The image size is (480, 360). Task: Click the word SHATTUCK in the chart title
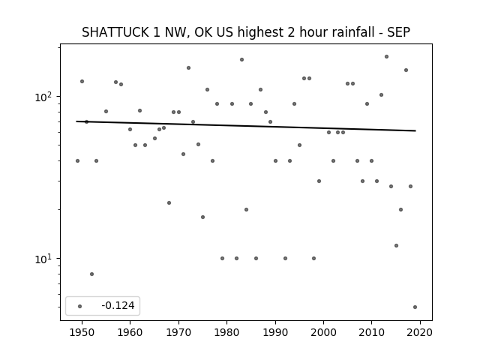(115, 32)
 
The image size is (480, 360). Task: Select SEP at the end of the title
(398, 32)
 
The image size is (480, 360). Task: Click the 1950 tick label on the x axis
(82, 332)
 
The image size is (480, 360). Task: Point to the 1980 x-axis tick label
(226, 332)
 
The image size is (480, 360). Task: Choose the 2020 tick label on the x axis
(420, 332)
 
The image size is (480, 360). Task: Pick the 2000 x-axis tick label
(323, 332)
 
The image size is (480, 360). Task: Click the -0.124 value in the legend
(118, 305)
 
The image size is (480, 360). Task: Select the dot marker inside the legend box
(80, 306)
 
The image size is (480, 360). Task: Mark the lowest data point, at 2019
(415, 307)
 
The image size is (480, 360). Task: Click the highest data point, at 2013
(387, 57)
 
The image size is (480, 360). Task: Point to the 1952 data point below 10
(91, 274)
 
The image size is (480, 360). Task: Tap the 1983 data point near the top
(241, 60)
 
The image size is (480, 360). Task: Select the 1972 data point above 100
(188, 68)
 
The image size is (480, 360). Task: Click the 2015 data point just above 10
(397, 245)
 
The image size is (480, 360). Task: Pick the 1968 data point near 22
(169, 203)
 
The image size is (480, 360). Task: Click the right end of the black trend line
(415, 130)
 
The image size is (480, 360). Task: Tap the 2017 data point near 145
(406, 70)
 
